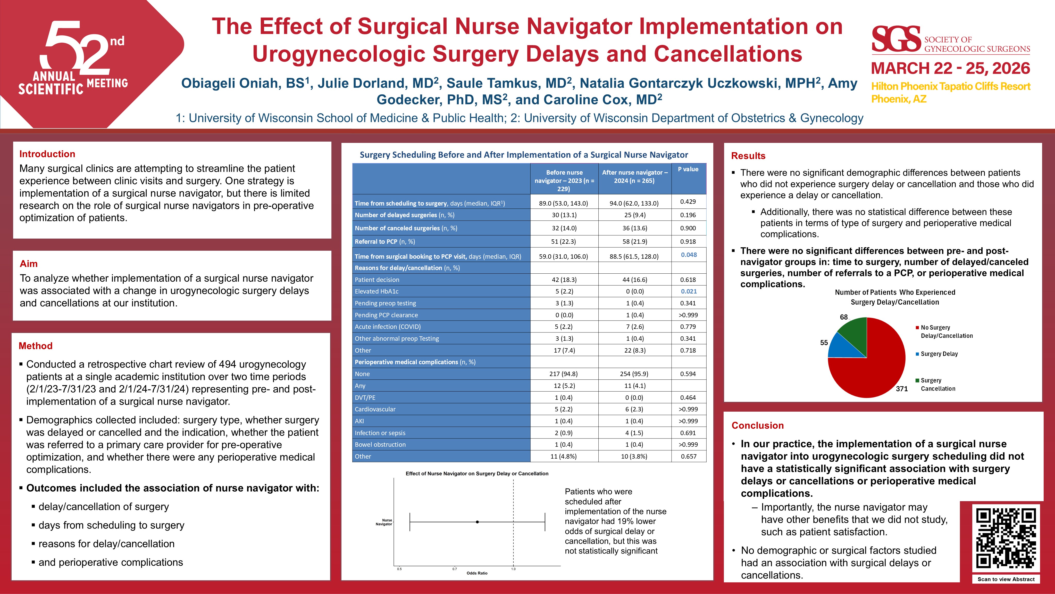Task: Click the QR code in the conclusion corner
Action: [1006, 538]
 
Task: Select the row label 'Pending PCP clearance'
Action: [386, 315]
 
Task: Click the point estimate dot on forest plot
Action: [478, 522]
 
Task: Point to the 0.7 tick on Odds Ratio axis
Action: [455, 569]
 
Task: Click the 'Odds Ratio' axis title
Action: [477, 573]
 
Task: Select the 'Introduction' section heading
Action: [47, 154]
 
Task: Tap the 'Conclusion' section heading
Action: [758, 426]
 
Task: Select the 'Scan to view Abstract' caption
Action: [1006, 579]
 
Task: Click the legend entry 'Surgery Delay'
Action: [939, 354]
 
